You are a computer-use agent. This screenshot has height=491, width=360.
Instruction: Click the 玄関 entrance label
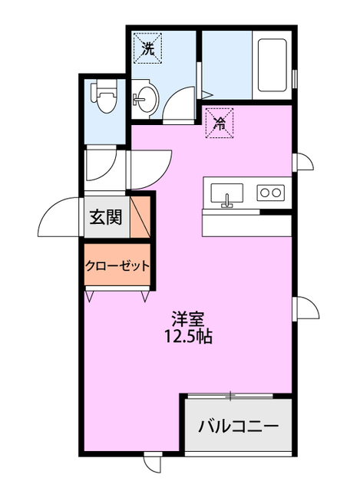pos(105,217)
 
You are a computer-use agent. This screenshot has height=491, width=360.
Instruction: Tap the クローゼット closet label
pos(116,266)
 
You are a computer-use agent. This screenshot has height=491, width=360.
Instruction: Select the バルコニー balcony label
pos(237,425)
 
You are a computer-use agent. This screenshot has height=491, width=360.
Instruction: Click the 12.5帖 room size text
pos(187,335)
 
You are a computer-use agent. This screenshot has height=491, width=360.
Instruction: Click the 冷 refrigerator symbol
pos(220,121)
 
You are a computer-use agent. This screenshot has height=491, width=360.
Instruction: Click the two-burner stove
pos(269,192)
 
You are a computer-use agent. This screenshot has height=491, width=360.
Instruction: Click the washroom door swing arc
pos(178,104)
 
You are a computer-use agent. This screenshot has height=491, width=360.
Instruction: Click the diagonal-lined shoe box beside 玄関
pos(140,218)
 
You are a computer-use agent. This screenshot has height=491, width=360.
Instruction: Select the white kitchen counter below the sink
pos(246,225)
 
